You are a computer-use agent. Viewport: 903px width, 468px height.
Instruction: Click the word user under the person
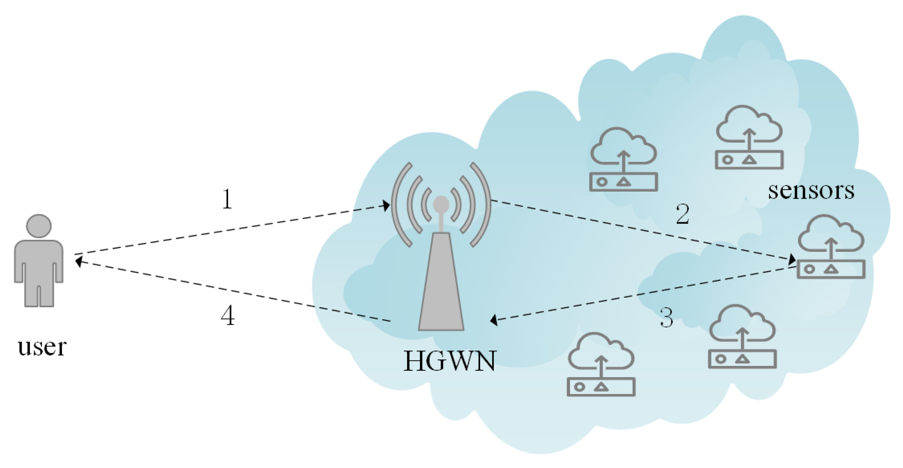42,347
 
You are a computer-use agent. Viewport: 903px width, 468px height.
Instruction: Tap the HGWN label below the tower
450,361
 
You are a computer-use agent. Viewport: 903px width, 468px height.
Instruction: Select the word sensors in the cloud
811,191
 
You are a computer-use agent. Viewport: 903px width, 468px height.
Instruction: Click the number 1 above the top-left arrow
227,199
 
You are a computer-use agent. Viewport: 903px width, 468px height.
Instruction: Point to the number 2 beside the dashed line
683,214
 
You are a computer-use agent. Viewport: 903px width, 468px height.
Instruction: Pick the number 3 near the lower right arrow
666,318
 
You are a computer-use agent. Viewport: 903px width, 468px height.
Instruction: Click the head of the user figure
39,226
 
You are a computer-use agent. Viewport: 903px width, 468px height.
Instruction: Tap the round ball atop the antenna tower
441,204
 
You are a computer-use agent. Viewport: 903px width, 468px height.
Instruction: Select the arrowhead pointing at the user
78,262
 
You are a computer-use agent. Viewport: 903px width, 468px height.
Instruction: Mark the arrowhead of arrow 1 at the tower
386,206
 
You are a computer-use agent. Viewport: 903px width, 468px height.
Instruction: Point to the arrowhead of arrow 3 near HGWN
494,320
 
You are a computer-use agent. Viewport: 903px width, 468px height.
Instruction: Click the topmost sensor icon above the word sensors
749,138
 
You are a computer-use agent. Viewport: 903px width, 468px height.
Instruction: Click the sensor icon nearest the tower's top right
624,160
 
